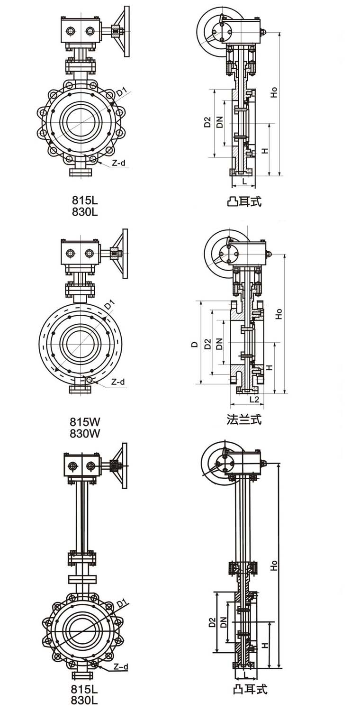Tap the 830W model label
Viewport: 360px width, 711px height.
coord(85,433)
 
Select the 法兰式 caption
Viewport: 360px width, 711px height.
coord(244,419)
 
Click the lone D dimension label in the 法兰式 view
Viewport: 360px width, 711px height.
coord(194,345)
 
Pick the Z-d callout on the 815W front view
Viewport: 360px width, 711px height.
coord(118,382)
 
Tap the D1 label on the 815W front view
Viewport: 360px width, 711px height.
coord(109,305)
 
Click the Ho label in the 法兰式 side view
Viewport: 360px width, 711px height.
coord(279,313)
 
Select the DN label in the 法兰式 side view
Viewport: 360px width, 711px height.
coord(219,344)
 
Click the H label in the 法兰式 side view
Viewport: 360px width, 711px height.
coord(269,367)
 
